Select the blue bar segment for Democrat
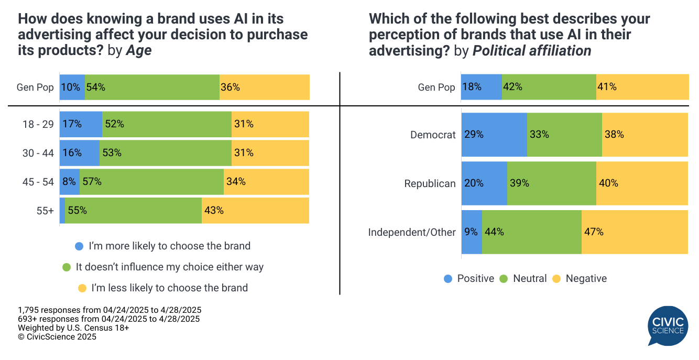[x=494, y=135]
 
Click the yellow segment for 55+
[x=255, y=211]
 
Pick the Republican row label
[x=430, y=183]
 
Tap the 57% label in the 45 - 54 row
[x=93, y=182]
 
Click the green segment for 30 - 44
[x=165, y=153]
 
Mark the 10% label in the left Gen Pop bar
[x=70, y=88]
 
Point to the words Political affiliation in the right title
[x=531, y=51]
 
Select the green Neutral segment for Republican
[x=551, y=183]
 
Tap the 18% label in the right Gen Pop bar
[x=472, y=87]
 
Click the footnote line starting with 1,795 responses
[x=110, y=310]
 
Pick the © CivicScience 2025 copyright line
[x=57, y=337]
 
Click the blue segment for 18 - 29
[x=81, y=124]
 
